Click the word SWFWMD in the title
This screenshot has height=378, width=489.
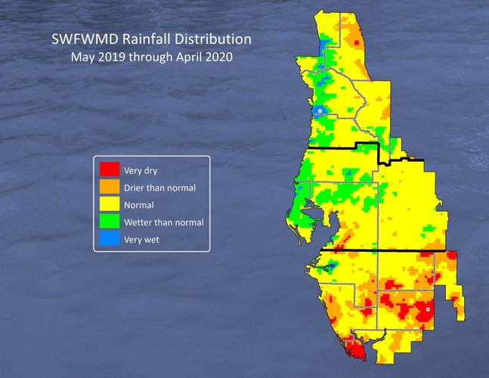tap(80, 39)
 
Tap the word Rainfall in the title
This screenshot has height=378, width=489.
tap(142, 39)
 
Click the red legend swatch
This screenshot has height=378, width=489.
tap(110, 169)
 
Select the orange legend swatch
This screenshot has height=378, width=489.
tap(110, 187)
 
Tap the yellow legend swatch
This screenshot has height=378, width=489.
tap(110, 205)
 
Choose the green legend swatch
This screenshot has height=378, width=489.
tap(110, 222)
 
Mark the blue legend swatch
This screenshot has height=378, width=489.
tap(110, 240)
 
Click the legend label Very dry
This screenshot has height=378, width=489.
tap(141, 170)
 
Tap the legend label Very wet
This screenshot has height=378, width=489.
tap(141, 240)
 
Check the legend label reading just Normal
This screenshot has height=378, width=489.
tap(139, 205)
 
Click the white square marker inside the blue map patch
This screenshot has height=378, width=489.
tap(320, 110)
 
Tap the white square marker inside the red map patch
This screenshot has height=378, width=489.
tap(428, 309)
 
